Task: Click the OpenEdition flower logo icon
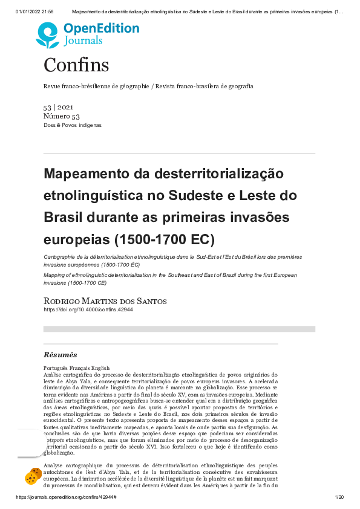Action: pos(47,35)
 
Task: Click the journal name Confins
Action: pos(76,65)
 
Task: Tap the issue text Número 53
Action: pos(61,116)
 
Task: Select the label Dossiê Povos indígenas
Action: pos(73,125)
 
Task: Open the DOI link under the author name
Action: pos(88,310)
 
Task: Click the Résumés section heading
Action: pos(61,355)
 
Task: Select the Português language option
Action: pos(57,368)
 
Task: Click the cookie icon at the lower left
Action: pos(33,476)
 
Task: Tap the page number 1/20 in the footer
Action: pos(339,497)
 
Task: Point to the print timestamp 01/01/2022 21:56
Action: pos(35,11)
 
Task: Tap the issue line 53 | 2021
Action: pos(59,107)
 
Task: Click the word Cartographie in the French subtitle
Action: pos(59,258)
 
